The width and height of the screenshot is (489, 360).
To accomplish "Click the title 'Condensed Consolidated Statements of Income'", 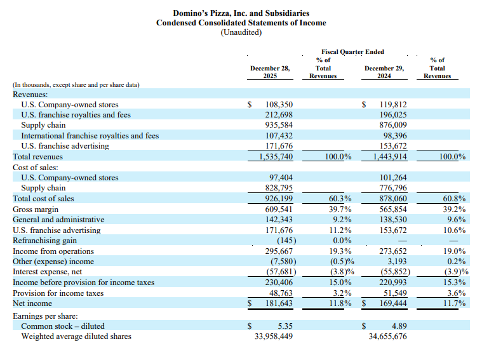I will point(241,23).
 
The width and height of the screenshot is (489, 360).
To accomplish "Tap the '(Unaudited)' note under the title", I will point(241,32).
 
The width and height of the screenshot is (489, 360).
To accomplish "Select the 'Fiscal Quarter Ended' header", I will point(352,52).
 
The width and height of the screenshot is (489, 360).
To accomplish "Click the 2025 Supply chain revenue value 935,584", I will point(279,125).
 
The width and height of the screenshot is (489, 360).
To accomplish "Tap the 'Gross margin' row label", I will point(36,209).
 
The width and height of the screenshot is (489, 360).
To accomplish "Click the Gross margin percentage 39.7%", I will point(340,209).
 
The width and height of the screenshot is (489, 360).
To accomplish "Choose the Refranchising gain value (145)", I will point(283,240).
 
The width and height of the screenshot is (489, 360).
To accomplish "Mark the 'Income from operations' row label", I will point(53,251).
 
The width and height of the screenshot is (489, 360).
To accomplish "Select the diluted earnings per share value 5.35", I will point(283,326).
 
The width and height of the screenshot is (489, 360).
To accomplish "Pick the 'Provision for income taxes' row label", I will point(58,293).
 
